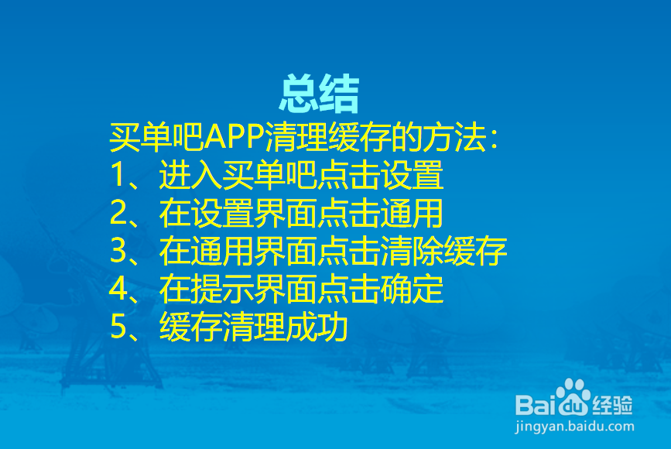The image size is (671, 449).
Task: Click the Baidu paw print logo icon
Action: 573,396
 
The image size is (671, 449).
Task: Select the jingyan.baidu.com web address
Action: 574,427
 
